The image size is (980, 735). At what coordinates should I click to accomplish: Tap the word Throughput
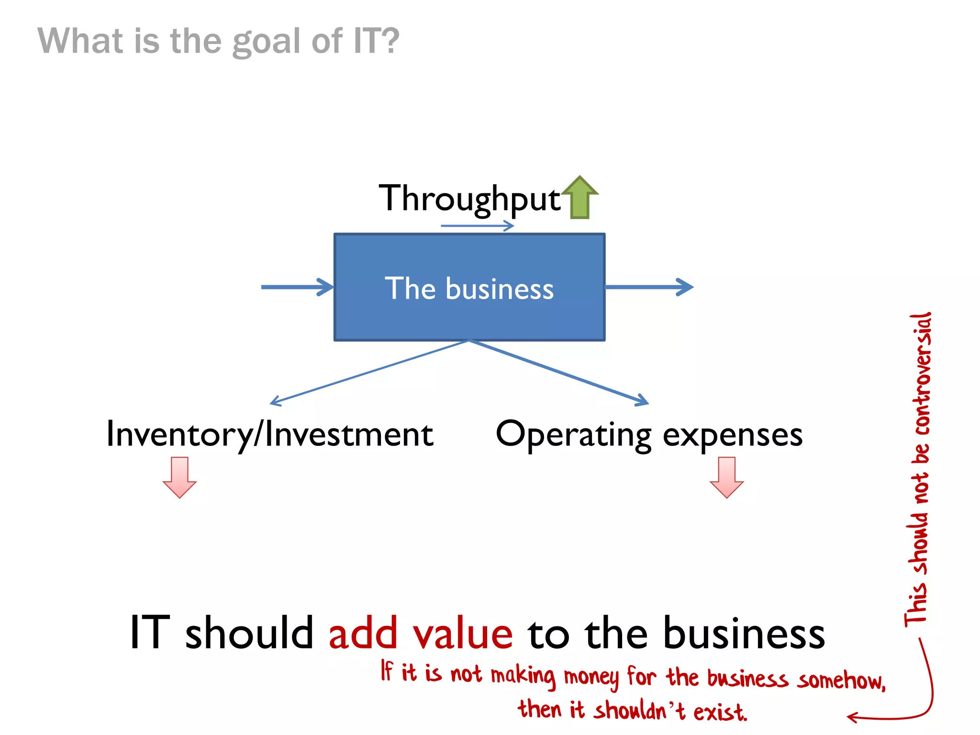pos(468,199)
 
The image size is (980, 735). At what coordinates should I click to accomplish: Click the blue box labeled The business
pos(469,287)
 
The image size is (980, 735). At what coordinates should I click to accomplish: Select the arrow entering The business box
pos(297,287)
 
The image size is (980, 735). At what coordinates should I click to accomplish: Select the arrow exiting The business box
pos(649,287)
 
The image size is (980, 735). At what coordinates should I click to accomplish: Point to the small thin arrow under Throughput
pos(477,226)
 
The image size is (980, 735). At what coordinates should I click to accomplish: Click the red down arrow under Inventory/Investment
pos(179,477)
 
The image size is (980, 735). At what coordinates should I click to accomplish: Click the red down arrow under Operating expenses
pos(726,477)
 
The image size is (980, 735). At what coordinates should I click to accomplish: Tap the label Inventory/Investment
pos(269,434)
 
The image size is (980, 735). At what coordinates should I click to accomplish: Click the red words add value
pos(421,633)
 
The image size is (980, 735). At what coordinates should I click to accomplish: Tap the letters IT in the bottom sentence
pos(150,633)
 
